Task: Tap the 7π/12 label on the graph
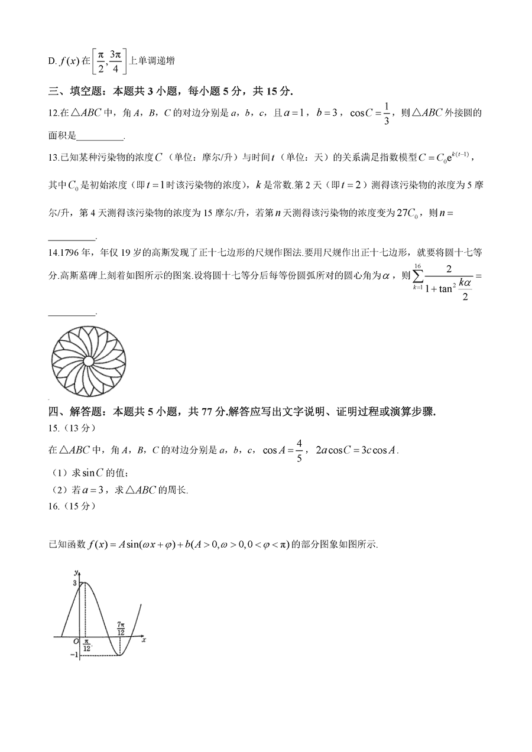(x=121, y=628)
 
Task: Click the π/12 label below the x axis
(x=86, y=646)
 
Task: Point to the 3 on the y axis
(x=74, y=583)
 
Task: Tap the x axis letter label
(x=144, y=640)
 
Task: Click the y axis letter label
(x=76, y=572)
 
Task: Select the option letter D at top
(x=51, y=61)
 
